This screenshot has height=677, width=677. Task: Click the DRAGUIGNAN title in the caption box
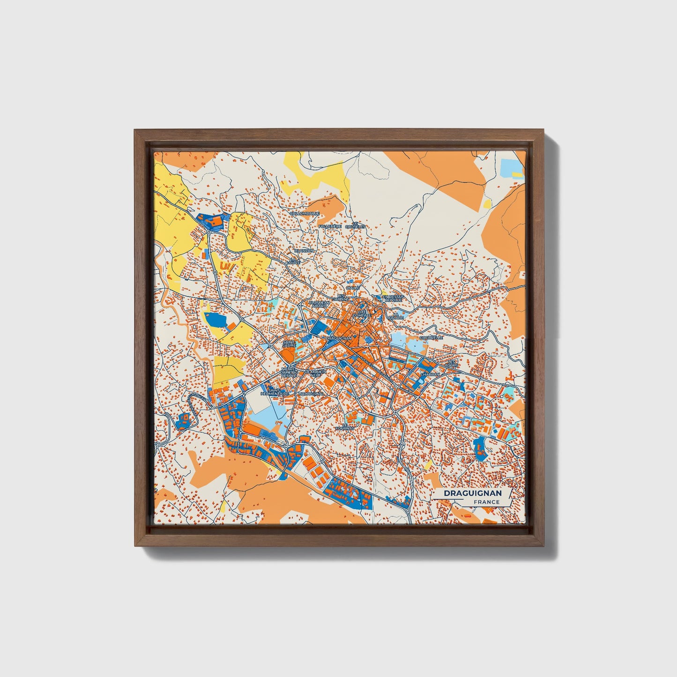click(472, 493)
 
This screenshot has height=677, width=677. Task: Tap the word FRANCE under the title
click(486, 502)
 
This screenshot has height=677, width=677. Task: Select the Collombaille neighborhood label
click(305, 213)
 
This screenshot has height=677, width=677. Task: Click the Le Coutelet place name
click(355, 225)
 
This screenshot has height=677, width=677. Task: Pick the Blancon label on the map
click(304, 251)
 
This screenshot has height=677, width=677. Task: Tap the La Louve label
click(294, 260)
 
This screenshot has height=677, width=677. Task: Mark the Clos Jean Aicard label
click(320, 304)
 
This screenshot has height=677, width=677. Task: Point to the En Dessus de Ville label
click(393, 298)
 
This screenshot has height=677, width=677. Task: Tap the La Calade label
click(398, 316)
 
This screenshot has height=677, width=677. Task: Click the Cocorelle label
click(431, 337)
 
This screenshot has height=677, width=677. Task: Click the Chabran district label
click(430, 375)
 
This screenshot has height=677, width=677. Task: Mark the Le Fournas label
click(345, 426)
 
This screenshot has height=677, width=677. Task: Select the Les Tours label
click(452, 364)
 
